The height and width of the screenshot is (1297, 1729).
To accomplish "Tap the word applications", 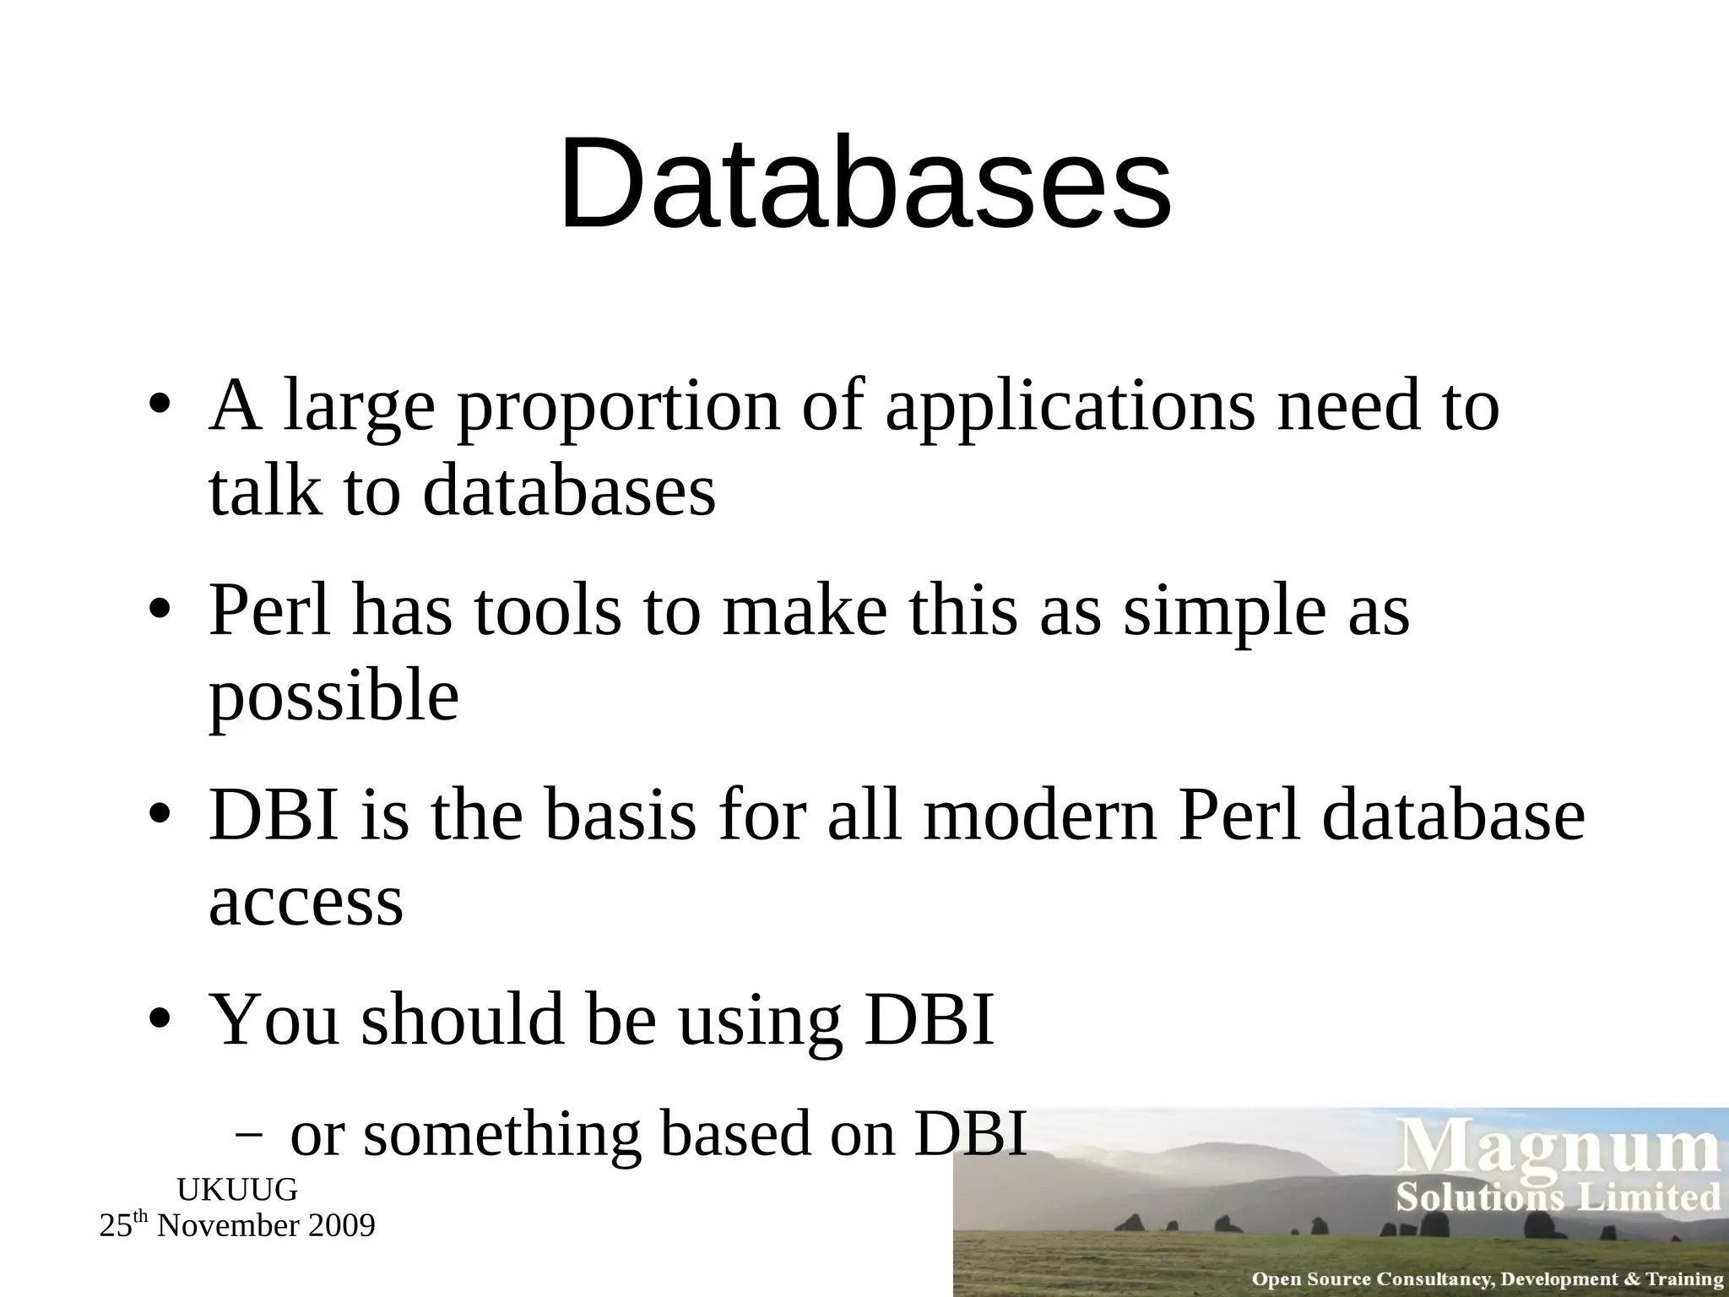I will [1070, 409].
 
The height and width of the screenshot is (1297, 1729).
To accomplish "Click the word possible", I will [333, 697].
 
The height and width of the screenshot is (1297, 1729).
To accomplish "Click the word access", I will [306, 902].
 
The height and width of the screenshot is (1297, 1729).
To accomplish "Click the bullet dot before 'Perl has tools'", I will [160, 611].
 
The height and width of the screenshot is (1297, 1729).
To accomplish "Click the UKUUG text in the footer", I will [237, 1190].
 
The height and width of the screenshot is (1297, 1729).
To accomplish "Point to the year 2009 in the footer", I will [341, 1226].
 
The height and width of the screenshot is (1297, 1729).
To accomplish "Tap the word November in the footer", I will [229, 1226].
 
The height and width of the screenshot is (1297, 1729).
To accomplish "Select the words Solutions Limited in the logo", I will [1558, 1198].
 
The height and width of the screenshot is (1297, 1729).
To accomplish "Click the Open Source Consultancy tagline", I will [1486, 1279].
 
